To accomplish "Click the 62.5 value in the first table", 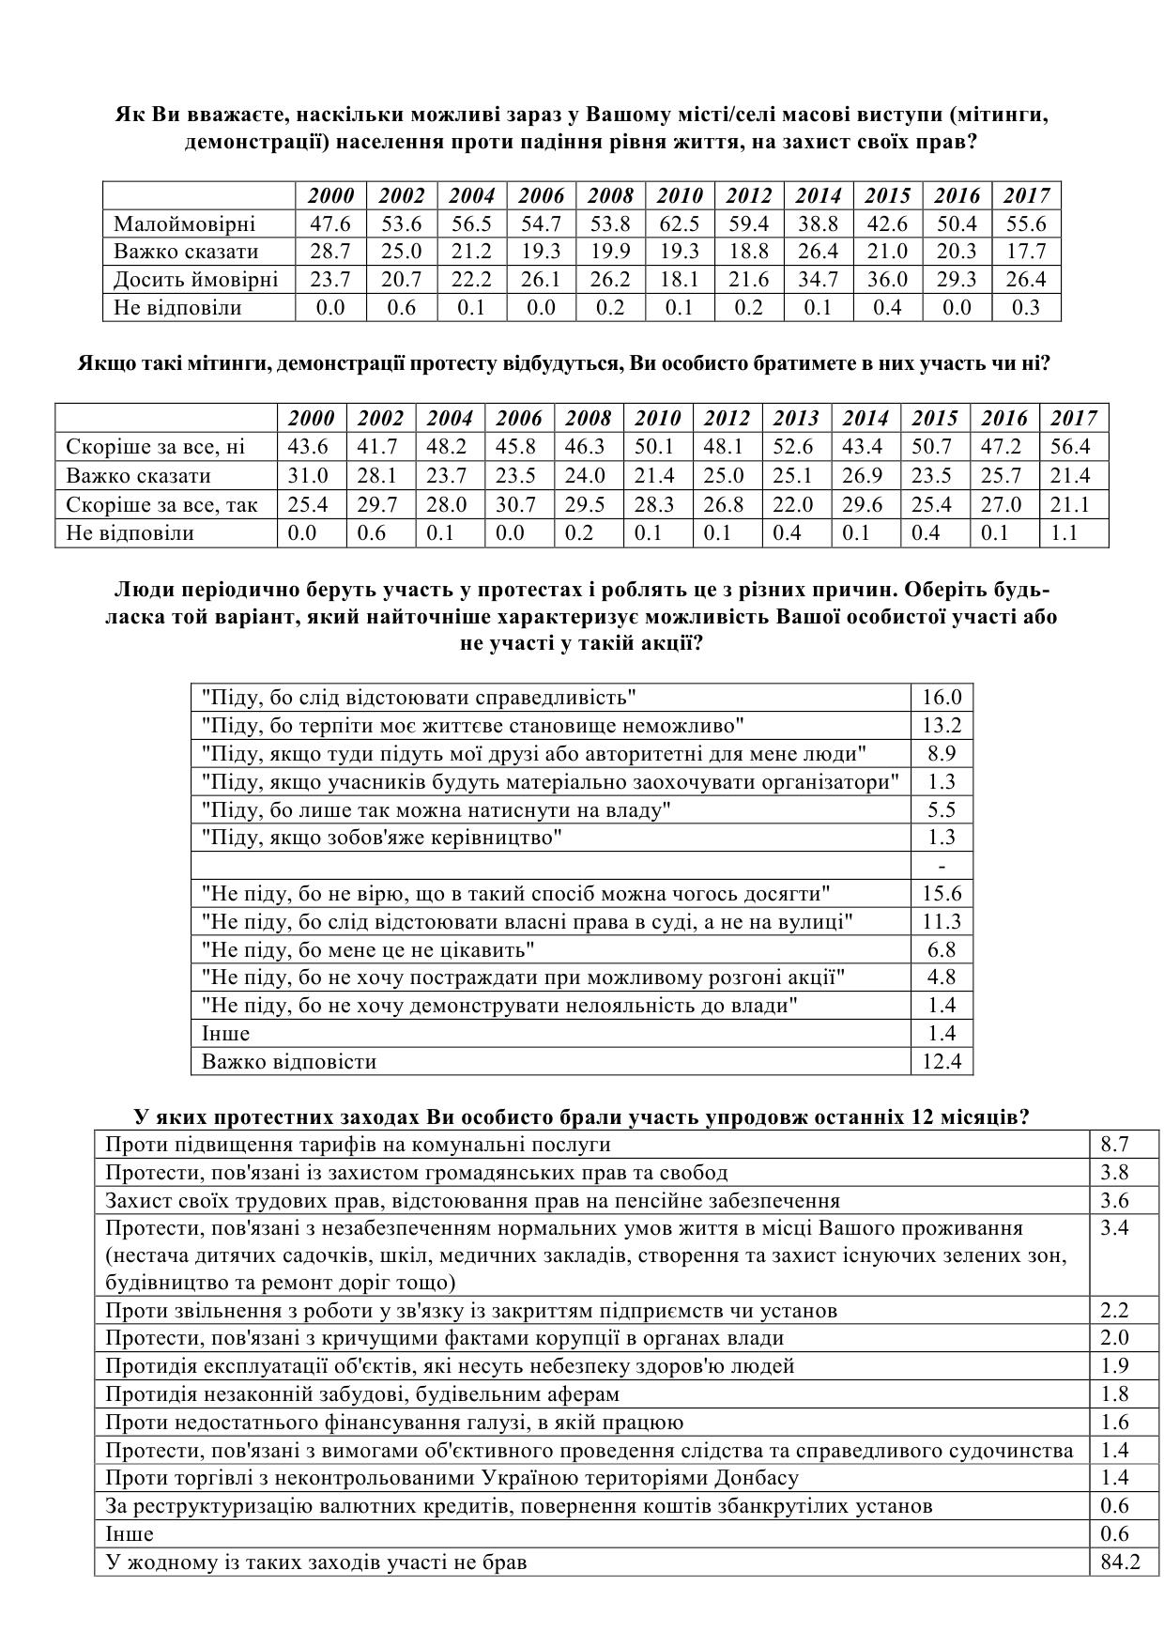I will click(680, 223).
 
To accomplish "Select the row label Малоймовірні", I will click(184, 223).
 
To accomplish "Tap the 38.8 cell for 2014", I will click(819, 223).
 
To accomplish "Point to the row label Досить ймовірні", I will click(195, 280).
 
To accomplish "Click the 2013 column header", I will click(796, 419).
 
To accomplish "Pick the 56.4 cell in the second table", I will click(1071, 447).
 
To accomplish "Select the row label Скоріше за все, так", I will click(161, 505).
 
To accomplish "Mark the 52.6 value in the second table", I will click(796, 447).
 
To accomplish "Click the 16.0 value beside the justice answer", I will click(942, 698).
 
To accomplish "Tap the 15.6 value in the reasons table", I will click(942, 894).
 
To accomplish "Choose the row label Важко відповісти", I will click(289, 1062).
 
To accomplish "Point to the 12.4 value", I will click(942, 1062).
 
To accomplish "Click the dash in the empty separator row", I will click(942, 866).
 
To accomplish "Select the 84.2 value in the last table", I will click(1114, 1562).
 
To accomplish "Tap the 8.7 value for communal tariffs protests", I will click(1114, 1145).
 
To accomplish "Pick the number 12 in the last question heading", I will click(924, 1117).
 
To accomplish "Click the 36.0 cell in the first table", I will click(887, 280).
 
